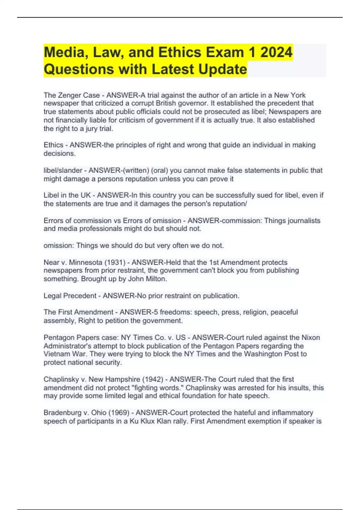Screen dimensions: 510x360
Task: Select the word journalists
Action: [304, 220]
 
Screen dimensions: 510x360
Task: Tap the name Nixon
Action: [310, 337]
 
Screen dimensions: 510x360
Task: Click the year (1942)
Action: [153, 379]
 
